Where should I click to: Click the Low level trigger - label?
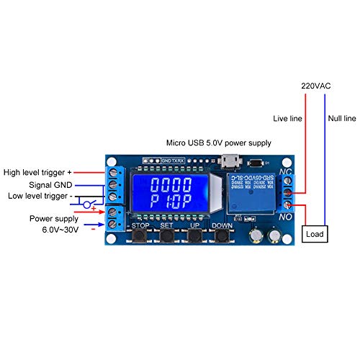(38, 196)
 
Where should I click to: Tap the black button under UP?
(194, 236)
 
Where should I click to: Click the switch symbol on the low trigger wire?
(88, 206)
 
